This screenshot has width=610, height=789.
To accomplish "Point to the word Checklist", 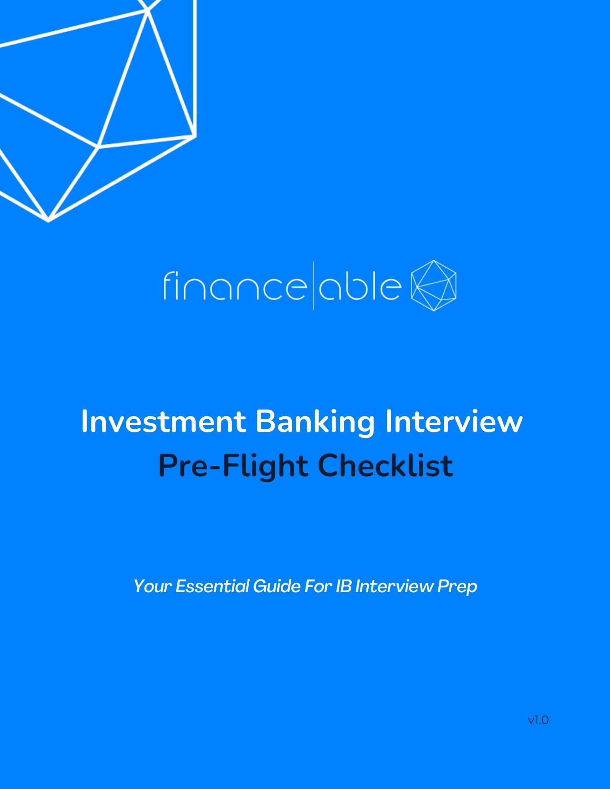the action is [x=385, y=465].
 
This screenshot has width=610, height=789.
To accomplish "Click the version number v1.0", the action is [x=538, y=720].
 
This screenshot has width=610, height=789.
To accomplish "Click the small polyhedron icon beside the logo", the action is [x=434, y=286].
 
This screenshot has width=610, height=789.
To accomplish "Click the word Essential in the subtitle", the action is [x=212, y=586].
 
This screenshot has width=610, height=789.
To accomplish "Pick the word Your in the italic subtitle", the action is [x=152, y=586].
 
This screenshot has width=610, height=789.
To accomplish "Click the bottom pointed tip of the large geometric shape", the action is [x=49, y=221].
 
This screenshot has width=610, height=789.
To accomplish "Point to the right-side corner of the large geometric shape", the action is [x=195, y=136].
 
